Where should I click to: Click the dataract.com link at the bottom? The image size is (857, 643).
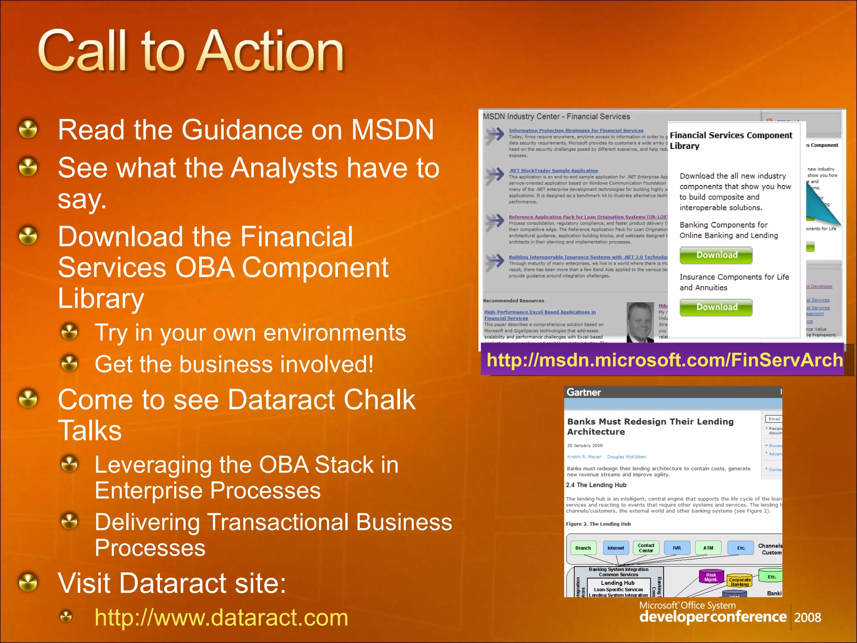(x=221, y=617)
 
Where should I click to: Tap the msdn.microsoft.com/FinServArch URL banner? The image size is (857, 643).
(x=664, y=360)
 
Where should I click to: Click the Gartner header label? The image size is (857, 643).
(x=583, y=392)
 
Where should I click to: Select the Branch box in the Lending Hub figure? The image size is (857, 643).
(x=583, y=548)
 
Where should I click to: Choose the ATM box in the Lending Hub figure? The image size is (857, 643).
(x=708, y=548)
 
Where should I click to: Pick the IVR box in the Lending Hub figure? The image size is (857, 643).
(x=677, y=548)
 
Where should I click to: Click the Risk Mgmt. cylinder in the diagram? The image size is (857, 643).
(x=711, y=577)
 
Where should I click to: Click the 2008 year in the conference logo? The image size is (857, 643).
(x=807, y=617)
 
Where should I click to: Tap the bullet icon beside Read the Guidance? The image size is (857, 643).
(x=28, y=129)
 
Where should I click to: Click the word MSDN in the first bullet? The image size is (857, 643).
(x=392, y=130)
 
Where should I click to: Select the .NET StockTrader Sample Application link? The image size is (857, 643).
(x=553, y=170)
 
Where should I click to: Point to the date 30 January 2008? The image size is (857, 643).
(x=585, y=445)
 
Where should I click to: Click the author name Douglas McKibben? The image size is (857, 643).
(x=626, y=457)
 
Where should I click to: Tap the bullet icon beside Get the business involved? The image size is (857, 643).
(x=69, y=363)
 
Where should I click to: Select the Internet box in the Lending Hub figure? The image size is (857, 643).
(x=616, y=548)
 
